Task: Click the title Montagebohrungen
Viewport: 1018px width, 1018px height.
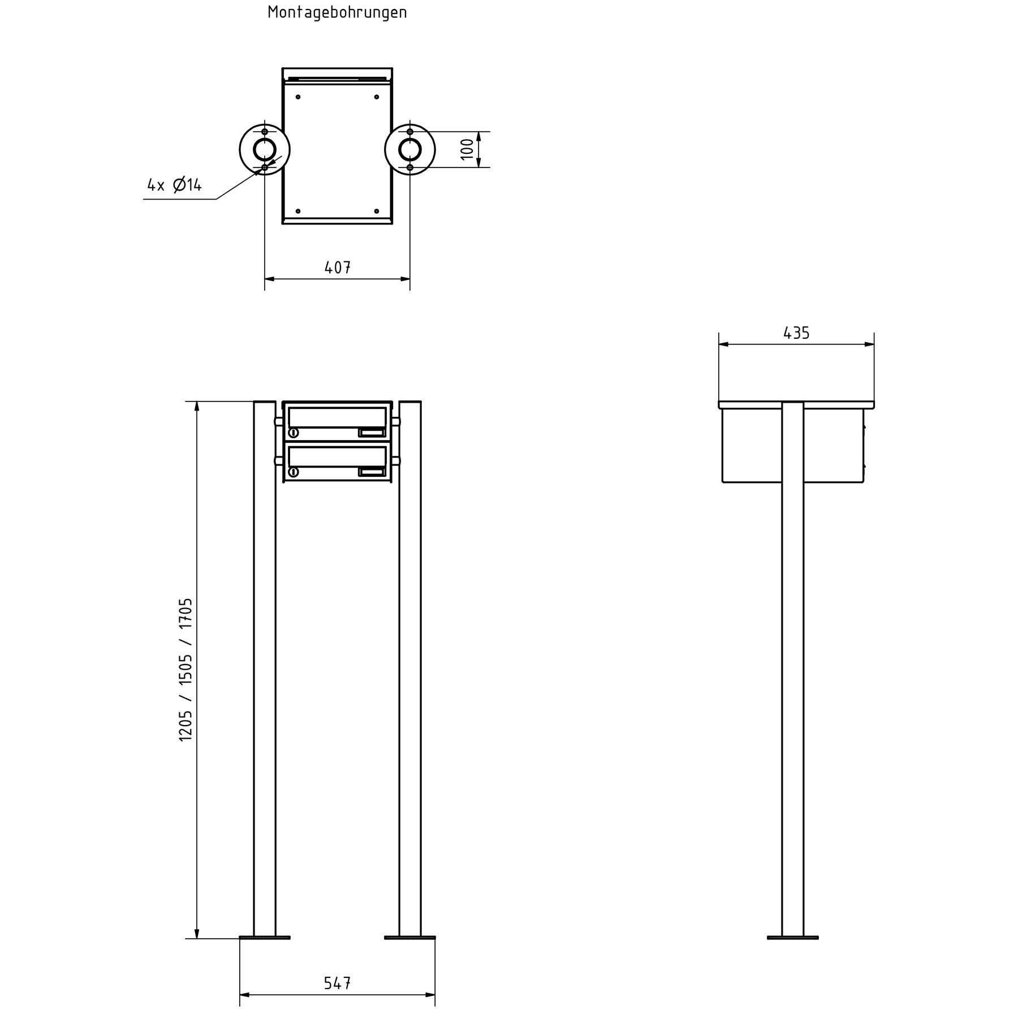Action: (337, 12)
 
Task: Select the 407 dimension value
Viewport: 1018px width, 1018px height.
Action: (338, 268)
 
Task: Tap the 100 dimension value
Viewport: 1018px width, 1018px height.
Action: (467, 149)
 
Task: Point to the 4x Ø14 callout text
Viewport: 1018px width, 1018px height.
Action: (174, 184)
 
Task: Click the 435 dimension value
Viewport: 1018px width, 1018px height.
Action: (796, 333)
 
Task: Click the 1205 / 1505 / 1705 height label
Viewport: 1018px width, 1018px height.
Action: (186, 670)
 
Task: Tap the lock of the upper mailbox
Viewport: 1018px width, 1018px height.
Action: (294, 433)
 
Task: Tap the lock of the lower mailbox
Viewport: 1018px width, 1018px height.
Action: (294, 472)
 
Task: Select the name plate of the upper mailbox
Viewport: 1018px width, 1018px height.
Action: (372, 433)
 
